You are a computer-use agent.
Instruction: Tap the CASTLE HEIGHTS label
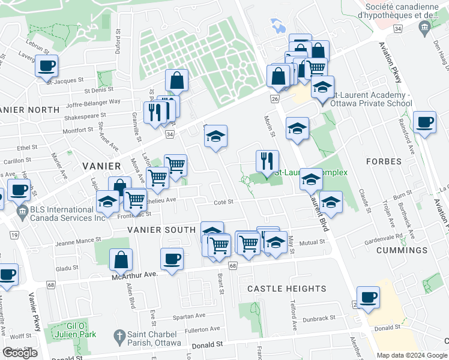[287, 289]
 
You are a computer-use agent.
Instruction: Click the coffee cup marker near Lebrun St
[46, 66]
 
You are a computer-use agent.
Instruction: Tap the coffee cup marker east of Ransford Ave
[424, 122]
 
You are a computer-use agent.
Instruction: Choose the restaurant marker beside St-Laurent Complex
[267, 161]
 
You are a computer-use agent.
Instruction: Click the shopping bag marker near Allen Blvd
[121, 259]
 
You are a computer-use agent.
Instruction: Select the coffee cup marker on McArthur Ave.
[172, 259]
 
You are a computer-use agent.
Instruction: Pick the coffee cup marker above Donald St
[368, 297]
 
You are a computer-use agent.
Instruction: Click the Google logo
[20, 353]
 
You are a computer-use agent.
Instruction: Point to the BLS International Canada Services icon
[22, 211]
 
